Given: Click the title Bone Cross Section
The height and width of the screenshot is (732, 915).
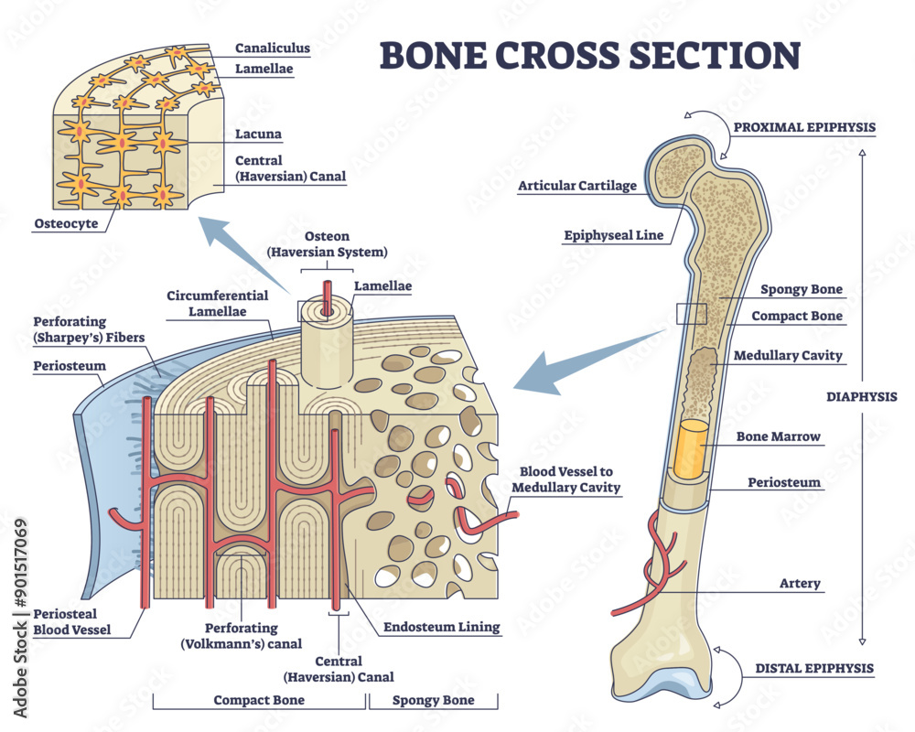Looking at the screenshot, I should click(589, 55).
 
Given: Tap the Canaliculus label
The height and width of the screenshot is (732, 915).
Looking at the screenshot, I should click(273, 48).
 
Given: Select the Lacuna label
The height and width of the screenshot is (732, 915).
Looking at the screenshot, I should click(259, 135).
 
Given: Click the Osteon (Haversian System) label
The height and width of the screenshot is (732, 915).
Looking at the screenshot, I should click(327, 244).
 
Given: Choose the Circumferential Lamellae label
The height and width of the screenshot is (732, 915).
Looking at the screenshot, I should click(218, 303).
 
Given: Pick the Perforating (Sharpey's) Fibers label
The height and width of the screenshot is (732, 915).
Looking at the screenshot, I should click(82, 329).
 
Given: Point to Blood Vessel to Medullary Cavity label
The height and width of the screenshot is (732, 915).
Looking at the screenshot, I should click(565, 479).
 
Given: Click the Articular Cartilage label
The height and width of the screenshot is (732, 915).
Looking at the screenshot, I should click(576, 186).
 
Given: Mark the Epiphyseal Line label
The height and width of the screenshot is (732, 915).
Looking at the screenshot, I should click(612, 235).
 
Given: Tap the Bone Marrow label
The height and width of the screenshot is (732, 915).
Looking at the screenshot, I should click(779, 436).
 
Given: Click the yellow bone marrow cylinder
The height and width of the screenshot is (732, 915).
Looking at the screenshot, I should click(693, 448).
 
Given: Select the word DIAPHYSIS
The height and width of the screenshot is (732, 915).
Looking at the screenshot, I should click(861, 397).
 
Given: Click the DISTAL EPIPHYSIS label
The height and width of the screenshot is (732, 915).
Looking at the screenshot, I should click(814, 668).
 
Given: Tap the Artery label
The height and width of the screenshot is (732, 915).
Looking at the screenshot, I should click(799, 584).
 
